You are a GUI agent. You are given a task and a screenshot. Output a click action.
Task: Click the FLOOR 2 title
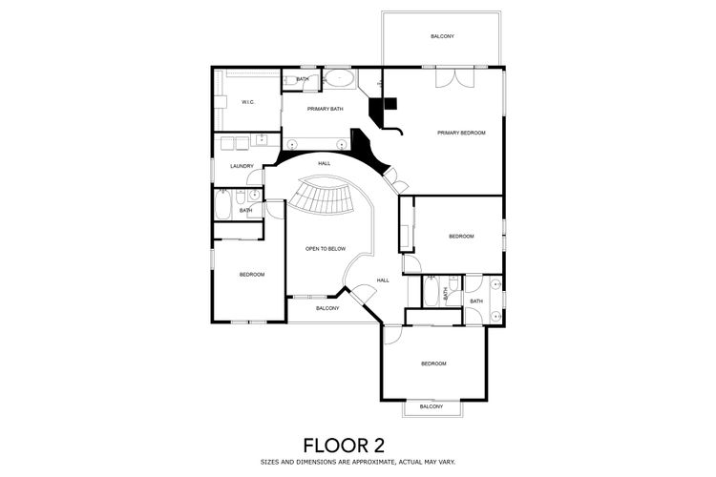(344, 445)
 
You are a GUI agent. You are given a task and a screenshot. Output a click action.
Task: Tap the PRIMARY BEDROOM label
(461, 133)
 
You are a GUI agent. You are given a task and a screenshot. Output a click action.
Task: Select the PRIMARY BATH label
(326, 109)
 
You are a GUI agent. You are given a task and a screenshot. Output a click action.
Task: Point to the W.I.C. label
(248, 102)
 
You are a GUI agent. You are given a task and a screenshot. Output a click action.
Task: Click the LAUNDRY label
(242, 166)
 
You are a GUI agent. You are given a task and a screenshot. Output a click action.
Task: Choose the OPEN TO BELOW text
(326, 249)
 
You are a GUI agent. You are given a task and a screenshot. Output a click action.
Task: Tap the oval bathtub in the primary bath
(340, 79)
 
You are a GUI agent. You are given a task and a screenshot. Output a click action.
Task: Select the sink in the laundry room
(262, 139)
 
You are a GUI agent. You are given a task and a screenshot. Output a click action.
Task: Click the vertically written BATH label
(445, 294)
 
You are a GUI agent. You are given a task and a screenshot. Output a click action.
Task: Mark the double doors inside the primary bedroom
(454, 77)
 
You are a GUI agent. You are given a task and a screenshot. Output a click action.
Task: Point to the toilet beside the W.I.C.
(289, 81)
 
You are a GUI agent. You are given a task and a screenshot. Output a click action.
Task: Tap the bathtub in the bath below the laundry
(223, 204)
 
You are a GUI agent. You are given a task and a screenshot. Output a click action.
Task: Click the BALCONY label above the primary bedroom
(442, 36)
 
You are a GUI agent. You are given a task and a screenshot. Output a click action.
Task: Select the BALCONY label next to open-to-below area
(327, 308)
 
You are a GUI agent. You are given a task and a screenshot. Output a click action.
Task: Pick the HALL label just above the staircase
(325, 163)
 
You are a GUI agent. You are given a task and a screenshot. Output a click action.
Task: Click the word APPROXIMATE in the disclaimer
(369, 462)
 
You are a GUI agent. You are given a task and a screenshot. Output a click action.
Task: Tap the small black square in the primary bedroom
(390, 104)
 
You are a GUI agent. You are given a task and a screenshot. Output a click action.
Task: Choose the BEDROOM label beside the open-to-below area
(252, 275)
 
